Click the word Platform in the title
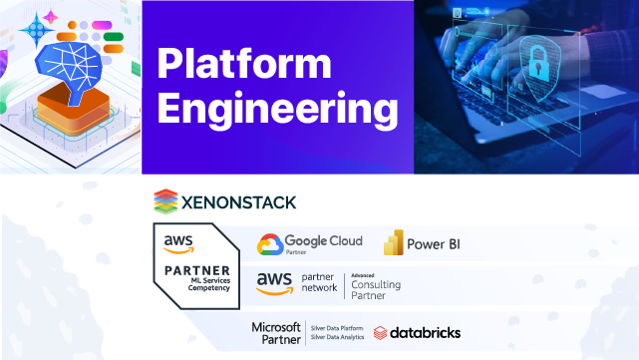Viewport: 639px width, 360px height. pyautogui.click(x=244, y=65)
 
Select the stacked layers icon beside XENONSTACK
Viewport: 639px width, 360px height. pyautogui.click(x=165, y=201)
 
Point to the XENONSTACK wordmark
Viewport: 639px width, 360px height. pyautogui.click(x=238, y=202)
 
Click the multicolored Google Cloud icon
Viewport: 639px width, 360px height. pyautogui.click(x=269, y=244)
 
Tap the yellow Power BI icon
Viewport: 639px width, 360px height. pyautogui.click(x=394, y=243)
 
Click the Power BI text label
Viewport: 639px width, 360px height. pyautogui.click(x=435, y=243)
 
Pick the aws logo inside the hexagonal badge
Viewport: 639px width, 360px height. pyautogui.click(x=179, y=242)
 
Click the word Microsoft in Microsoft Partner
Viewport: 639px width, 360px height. pyautogui.click(x=276, y=326)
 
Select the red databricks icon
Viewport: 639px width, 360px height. pyautogui.click(x=380, y=332)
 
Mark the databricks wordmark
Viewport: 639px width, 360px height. pyautogui.click(x=426, y=332)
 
